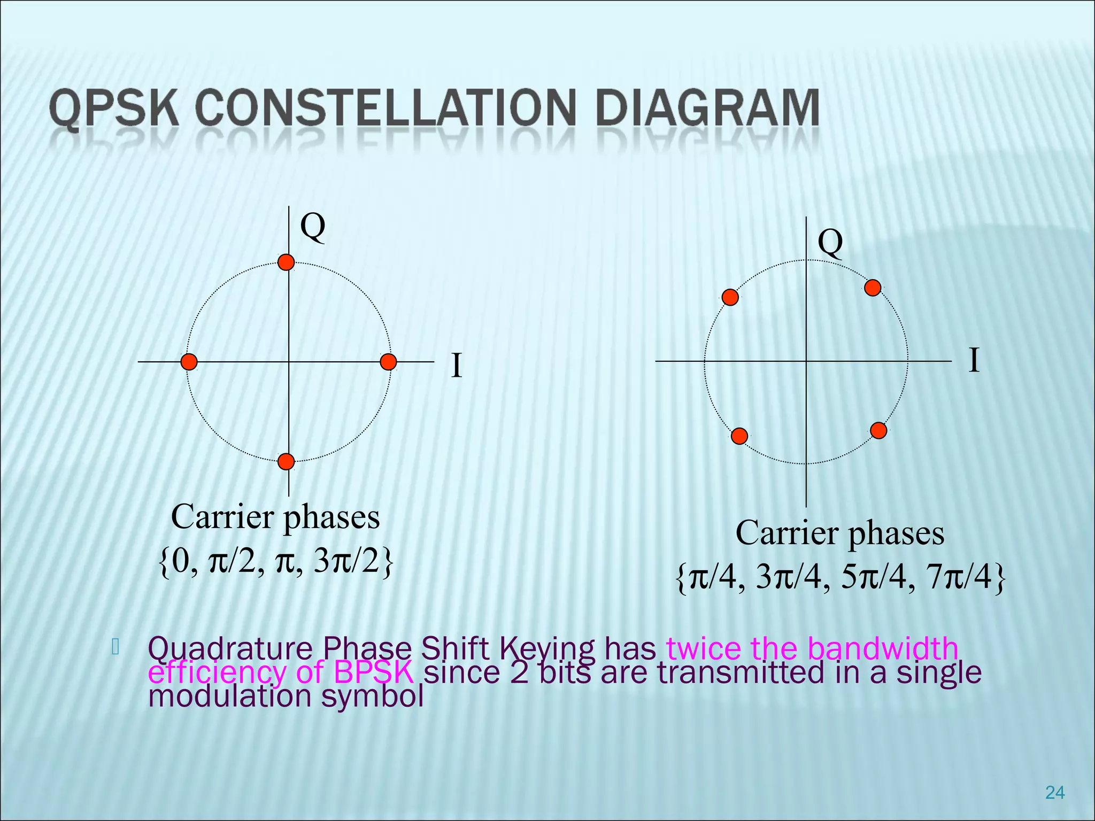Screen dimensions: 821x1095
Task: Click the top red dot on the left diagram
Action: click(287, 262)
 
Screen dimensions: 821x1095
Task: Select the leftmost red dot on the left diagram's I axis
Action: click(189, 362)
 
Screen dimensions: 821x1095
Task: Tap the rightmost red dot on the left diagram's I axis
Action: click(388, 362)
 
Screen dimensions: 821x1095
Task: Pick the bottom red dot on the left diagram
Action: click(287, 461)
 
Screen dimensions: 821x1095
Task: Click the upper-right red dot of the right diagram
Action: click(873, 288)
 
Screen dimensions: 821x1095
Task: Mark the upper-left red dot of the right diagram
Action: click(730, 297)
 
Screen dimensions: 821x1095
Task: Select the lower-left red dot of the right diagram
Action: click(739, 436)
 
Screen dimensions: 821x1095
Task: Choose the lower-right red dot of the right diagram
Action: click(878, 430)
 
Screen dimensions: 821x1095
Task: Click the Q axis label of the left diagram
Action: click(312, 227)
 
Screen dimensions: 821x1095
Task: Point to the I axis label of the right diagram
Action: click(974, 360)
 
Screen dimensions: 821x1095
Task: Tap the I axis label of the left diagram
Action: click(456, 366)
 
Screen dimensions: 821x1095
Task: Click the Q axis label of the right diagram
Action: click(830, 243)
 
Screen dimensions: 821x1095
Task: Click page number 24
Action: click(1054, 793)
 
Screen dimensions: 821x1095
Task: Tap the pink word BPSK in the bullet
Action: click(373, 672)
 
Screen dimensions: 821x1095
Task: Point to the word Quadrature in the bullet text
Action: click(230, 649)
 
